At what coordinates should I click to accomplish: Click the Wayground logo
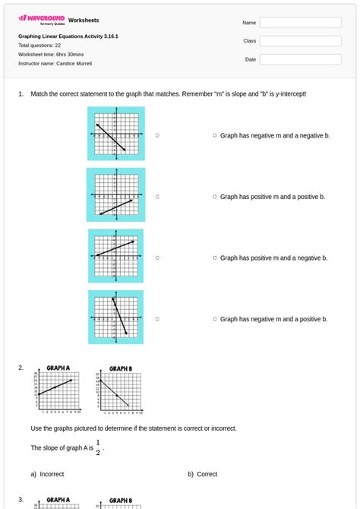pos(41,19)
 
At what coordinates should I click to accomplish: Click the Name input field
pos(300,23)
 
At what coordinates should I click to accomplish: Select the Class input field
pos(300,41)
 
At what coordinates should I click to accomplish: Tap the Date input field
pos(300,59)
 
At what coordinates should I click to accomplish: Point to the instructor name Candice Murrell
pos(55,64)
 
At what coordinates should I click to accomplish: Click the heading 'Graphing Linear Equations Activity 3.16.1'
pos(68,36)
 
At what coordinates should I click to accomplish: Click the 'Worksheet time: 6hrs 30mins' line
pos(51,55)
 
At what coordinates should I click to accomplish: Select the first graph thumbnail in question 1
pos(115,134)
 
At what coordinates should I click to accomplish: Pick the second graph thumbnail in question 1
pos(115,195)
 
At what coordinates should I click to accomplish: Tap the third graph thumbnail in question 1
pos(115,256)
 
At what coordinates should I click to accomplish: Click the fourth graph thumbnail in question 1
pos(115,317)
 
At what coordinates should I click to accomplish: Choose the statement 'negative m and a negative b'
pos(274,135)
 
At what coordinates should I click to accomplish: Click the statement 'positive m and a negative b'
pos(273,258)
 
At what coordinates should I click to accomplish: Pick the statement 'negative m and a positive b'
pos(273,319)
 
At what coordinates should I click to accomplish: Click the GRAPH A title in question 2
pos(58,368)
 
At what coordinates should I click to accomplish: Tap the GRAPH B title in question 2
pos(121,368)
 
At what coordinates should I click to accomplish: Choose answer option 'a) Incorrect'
pos(48,474)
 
